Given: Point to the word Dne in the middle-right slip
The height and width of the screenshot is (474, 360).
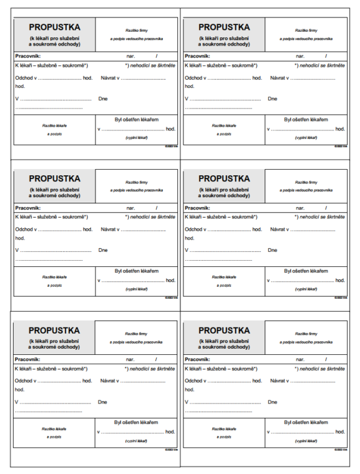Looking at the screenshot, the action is point(273,250).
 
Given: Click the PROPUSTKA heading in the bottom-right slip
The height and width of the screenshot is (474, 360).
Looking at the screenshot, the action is point(224,330).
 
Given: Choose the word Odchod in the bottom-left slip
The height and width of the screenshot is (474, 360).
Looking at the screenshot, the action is point(24,380).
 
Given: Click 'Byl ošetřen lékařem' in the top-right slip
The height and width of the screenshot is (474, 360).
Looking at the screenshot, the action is point(306,119).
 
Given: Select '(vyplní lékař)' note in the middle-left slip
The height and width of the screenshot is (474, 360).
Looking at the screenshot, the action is point(136,289).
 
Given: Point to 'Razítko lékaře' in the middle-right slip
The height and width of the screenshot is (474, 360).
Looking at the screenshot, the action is point(223,277).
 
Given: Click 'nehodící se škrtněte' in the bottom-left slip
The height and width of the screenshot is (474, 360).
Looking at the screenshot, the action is point(152,369).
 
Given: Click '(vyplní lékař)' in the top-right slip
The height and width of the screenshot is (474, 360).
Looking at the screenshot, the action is point(306,137).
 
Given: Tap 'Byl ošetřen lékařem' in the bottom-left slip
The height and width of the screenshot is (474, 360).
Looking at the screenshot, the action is point(137,422).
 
